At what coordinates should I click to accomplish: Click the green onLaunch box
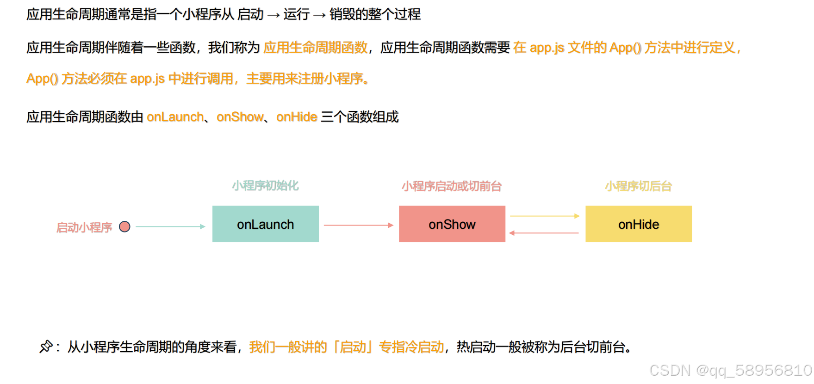[265, 224]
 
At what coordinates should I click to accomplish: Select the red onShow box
[452, 224]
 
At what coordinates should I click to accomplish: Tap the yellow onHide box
[638, 224]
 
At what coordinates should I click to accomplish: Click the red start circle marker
[124, 227]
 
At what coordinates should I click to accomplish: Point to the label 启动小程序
[84, 227]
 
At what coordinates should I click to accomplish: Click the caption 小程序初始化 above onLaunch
[265, 186]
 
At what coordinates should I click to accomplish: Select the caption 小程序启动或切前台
[451, 186]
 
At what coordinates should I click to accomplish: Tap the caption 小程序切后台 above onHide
[638, 186]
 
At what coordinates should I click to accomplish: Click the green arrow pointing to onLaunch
[170, 226]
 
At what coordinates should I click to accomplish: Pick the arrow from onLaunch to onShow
[358, 225]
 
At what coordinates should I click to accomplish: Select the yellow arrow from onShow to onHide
[544, 216]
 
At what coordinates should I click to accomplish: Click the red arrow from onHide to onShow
[544, 233]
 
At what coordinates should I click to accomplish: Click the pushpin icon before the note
[46, 346]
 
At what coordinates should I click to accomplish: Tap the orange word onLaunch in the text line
[175, 117]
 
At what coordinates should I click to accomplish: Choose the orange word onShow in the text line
[240, 117]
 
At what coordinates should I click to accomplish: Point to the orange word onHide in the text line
[297, 117]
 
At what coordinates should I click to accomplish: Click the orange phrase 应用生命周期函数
[316, 47]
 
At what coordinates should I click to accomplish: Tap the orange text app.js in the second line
[547, 48]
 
